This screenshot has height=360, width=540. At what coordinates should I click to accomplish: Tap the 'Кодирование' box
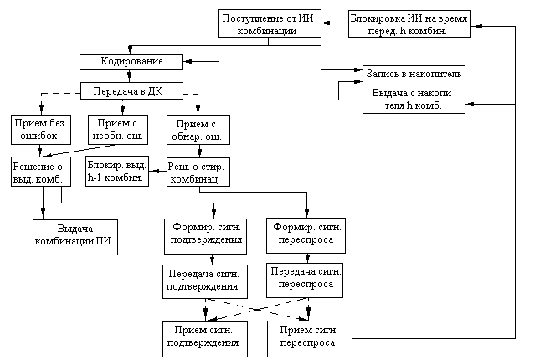point(131,62)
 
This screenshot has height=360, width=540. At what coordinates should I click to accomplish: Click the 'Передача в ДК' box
point(131,90)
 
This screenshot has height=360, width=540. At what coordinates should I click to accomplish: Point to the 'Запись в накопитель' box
point(413,74)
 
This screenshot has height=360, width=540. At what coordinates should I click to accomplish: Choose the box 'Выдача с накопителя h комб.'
point(413,100)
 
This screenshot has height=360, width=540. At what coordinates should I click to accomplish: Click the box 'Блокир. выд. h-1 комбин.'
point(117,171)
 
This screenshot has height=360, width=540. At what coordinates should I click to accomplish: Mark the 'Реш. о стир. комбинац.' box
point(197,172)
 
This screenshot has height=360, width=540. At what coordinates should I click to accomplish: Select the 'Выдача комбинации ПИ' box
point(75,237)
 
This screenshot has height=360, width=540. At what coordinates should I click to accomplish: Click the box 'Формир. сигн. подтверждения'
point(204,234)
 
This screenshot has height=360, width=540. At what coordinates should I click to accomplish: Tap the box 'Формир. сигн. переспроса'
point(306,234)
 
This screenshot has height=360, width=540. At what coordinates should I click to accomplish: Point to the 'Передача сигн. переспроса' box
point(306,278)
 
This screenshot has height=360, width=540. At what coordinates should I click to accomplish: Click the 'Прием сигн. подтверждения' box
point(204,337)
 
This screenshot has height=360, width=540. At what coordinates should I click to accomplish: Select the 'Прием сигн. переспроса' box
point(306,337)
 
